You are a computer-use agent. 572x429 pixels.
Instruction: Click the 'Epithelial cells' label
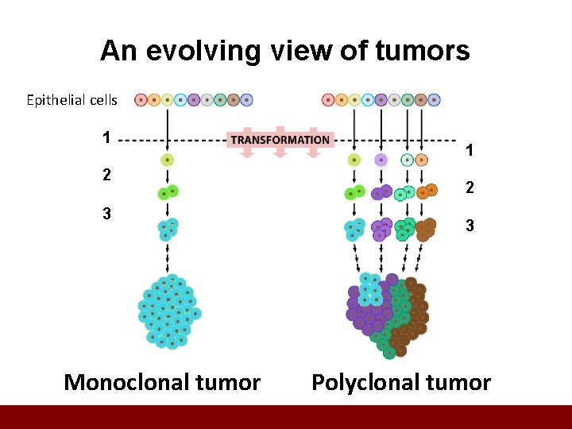71,100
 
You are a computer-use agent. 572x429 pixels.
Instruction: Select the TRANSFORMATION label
280,140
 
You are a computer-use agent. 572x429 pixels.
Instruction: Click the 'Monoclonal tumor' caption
162,382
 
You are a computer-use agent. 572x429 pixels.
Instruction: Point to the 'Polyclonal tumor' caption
400,382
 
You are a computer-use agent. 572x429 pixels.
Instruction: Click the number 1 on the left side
106,137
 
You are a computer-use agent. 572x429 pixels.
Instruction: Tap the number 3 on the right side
470,226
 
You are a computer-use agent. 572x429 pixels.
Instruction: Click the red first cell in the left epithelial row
141,100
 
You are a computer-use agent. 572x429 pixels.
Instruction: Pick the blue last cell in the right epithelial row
434,100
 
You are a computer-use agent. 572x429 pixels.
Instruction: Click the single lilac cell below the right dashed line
381,160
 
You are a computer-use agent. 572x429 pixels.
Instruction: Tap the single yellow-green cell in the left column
167,160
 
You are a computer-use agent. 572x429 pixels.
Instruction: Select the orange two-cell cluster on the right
429,191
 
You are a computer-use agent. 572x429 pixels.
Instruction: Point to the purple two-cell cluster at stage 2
381,192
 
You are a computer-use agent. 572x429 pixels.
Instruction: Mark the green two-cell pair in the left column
167,192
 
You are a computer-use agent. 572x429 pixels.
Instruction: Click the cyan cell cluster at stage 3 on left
167,229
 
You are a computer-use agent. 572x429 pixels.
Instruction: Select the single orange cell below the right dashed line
421,160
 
